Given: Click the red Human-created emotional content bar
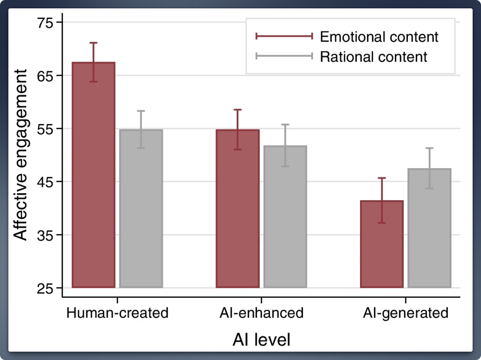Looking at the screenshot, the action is tap(93, 175).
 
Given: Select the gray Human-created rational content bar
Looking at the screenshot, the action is tap(141, 209).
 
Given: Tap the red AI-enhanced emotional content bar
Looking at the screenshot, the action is tap(238, 209).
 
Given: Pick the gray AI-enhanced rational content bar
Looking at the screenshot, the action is tap(285, 217).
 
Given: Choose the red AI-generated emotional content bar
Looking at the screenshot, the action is tap(382, 244).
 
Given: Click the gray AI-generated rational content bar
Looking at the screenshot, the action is tap(429, 228).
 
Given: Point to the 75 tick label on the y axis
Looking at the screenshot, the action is tap(45, 23).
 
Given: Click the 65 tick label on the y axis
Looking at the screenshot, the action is tap(45, 76).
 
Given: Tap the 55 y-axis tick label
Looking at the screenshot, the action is tap(45, 129).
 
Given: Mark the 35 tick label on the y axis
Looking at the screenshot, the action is tap(45, 236).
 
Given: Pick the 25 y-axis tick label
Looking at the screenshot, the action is tap(45, 289).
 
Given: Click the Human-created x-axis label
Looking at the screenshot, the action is tap(118, 313).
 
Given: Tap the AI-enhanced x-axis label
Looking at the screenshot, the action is tap(261, 313).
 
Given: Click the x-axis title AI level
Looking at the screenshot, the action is tap(261, 340).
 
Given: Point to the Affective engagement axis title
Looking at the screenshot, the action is tap(20, 155).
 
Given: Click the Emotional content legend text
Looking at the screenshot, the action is tap(379, 37).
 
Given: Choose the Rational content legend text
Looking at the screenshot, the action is tap(374, 57).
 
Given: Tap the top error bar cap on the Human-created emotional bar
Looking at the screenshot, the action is tap(93, 43).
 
